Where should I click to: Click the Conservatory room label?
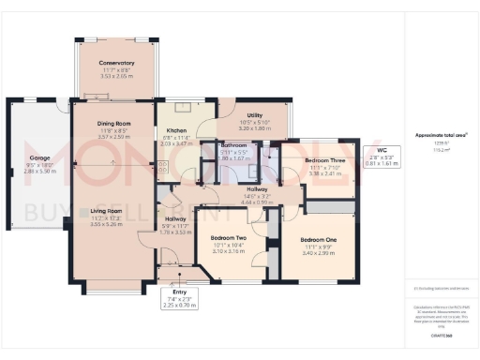[119, 63]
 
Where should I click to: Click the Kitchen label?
[176, 130]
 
